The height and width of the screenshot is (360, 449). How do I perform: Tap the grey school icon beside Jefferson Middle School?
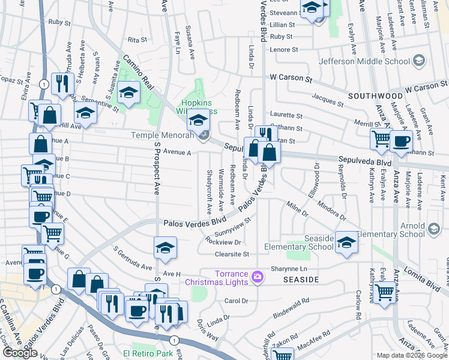(x=419, y=61)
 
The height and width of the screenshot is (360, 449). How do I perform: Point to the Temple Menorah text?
(x=162, y=136)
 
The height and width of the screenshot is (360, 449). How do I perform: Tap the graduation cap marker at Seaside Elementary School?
(x=346, y=242)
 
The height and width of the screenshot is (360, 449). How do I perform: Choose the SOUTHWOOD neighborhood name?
(x=376, y=95)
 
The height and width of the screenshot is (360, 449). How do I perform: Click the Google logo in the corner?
(x=20, y=353)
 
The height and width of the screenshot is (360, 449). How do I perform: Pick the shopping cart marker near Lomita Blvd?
(x=384, y=293)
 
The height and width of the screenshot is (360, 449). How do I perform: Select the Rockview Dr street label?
(x=223, y=242)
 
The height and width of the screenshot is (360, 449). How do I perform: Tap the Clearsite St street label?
(x=231, y=254)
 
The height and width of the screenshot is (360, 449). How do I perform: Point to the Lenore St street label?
(x=282, y=50)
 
